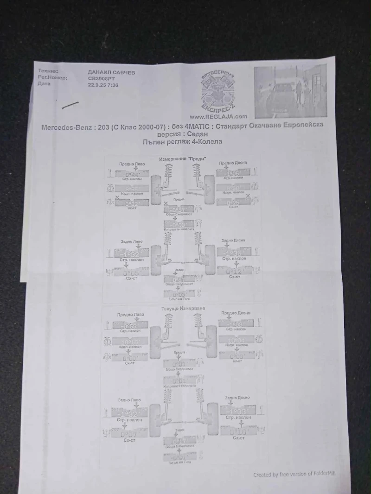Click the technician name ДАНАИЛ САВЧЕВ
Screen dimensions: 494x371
pos(111,72)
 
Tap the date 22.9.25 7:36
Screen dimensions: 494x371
pos(103,85)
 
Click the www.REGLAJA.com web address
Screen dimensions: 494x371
pos(218,117)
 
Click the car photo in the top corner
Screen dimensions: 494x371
pos(290,91)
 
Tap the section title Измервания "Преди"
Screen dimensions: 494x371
pos(183,159)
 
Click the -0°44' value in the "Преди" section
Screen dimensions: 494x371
pos(132,175)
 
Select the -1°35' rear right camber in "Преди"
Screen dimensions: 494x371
pos(234,253)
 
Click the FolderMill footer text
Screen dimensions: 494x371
pos(294,474)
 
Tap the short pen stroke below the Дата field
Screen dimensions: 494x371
pos(70,105)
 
